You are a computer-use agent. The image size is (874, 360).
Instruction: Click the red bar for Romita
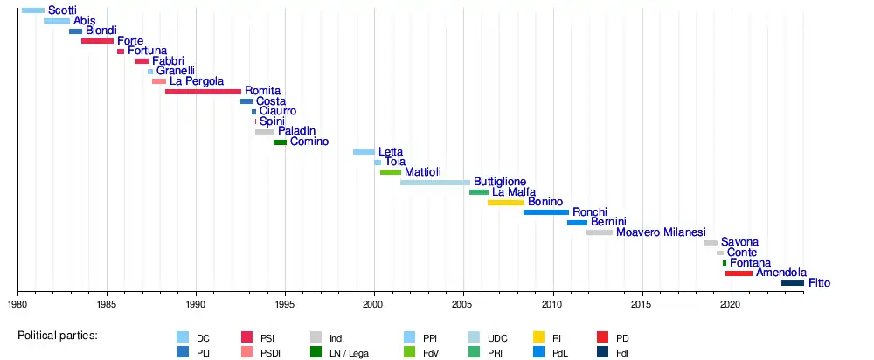tap(203, 92)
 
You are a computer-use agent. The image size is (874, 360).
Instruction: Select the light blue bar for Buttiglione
tap(434, 183)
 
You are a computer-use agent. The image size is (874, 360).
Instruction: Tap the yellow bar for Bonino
tap(505, 203)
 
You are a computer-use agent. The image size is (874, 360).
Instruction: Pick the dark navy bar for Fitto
tap(792, 283)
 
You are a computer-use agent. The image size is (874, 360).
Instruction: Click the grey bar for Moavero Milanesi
tap(600, 232)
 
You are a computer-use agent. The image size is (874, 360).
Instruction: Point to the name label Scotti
tap(62, 10)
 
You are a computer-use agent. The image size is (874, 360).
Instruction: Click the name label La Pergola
tap(197, 81)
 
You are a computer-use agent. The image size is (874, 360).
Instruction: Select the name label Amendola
tap(781, 273)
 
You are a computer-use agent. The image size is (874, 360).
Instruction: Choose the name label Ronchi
tap(590, 212)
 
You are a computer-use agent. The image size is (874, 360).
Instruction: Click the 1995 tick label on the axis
tap(285, 304)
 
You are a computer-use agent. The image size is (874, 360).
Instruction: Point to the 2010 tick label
tap(551, 304)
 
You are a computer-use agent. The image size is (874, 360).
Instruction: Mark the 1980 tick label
tap(17, 304)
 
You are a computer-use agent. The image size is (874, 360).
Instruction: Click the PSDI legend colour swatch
tap(247, 352)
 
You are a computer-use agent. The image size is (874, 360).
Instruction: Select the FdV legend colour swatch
tap(409, 352)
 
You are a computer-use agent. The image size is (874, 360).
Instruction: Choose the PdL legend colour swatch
tap(539, 352)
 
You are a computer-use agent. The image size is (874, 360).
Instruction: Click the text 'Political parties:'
tap(58, 336)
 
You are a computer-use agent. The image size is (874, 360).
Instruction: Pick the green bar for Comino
tap(280, 142)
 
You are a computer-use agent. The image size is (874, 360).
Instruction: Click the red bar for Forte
tap(97, 41)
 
